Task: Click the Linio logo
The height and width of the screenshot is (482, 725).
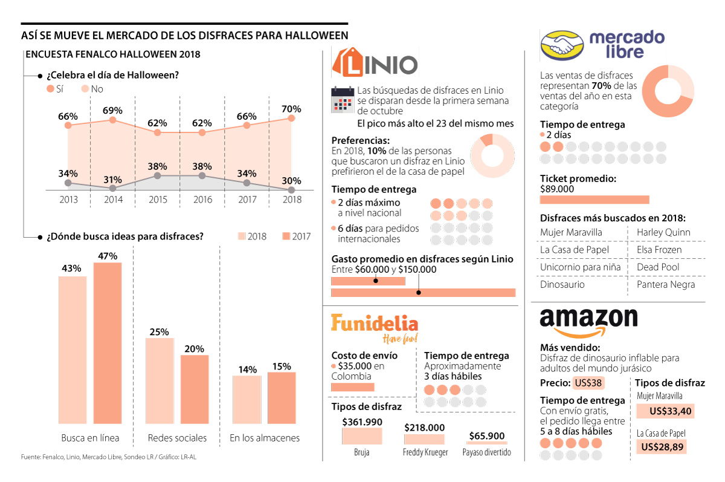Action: [375, 64]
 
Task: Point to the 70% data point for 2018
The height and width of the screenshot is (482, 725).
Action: [292, 118]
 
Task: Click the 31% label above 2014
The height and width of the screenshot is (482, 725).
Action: [112, 180]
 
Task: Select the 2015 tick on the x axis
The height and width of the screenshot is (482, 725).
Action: [158, 200]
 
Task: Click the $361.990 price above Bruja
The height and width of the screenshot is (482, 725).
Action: [362, 422]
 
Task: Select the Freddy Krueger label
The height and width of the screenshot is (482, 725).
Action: [425, 452]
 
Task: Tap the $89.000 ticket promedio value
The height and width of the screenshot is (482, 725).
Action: [557, 189]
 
